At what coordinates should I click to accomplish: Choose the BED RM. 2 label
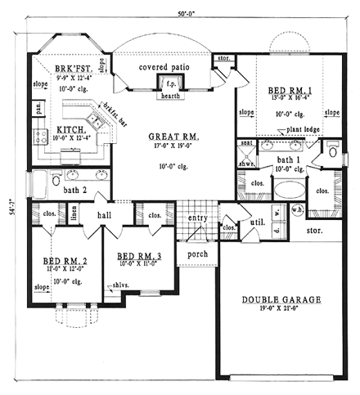pos(59,263)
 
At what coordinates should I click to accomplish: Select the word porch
pos(198,254)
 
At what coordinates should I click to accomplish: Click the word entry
pos(197,218)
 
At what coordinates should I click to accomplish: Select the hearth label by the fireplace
pos(174,96)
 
